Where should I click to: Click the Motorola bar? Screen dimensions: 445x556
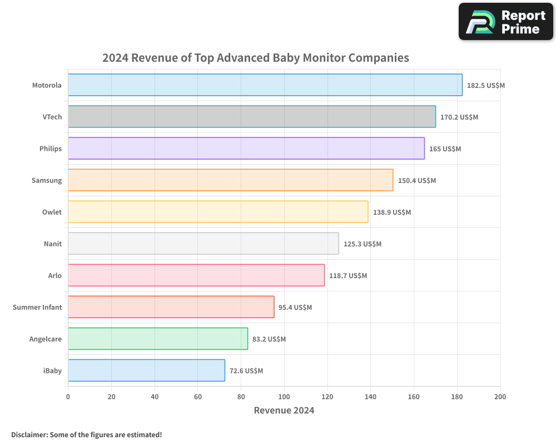(265, 85)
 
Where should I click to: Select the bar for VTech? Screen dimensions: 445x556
(252, 117)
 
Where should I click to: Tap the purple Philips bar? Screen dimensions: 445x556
(246, 149)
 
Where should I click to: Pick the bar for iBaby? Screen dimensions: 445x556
(146, 370)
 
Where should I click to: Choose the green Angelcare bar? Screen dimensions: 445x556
(158, 339)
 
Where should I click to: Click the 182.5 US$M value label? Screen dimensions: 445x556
(486, 85)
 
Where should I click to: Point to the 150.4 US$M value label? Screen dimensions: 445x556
(417, 180)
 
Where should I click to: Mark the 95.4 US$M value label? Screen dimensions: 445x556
(296, 307)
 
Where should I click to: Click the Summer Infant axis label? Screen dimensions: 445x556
(37, 307)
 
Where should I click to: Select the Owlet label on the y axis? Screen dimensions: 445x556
(52, 212)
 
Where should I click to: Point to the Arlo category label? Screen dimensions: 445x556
(55, 275)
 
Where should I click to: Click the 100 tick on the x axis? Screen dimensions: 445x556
(284, 397)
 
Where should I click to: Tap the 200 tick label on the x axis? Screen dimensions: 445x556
(500, 397)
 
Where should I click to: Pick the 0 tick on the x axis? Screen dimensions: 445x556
(68, 397)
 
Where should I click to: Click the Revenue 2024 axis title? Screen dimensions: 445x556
(284, 411)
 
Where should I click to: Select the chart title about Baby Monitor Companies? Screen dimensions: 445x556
(256, 58)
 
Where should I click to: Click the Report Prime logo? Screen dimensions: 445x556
(506, 22)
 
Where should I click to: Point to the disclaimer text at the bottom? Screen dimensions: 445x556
(86, 434)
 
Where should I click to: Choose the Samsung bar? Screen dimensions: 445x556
(231, 180)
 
